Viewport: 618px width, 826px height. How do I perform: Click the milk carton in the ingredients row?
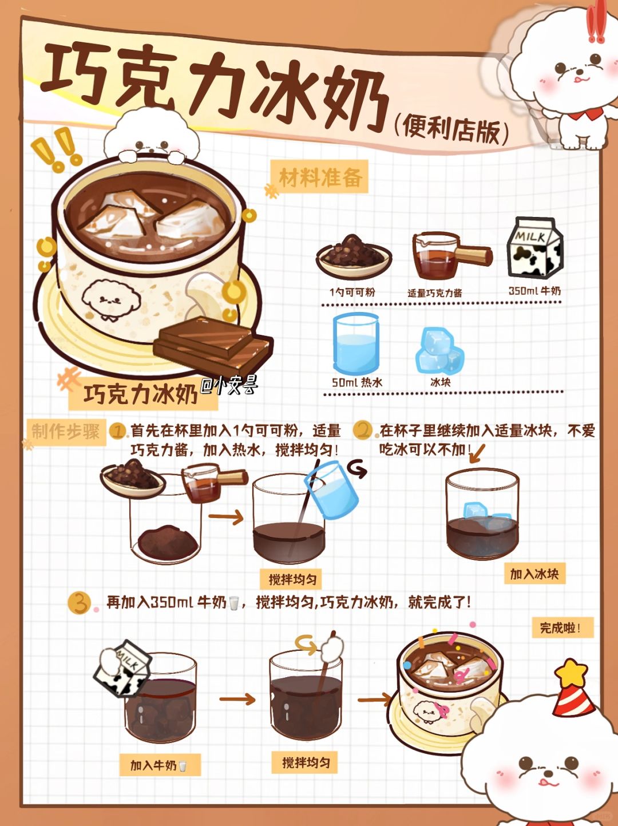(x=534, y=248)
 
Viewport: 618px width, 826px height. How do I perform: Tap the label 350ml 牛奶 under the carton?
(x=534, y=291)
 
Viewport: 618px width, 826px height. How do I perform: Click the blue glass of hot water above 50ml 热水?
(x=356, y=343)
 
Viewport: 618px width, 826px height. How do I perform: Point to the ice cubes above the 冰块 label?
(x=439, y=350)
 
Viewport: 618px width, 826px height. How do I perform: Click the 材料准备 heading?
(x=320, y=177)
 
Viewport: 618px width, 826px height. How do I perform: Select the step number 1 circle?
(x=118, y=432)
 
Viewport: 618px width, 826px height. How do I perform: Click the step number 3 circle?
(x=80, y=603)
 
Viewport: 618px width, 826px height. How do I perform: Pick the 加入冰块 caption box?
(x=534, y=574)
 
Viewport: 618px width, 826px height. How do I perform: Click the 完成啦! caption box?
(x=562, y=628)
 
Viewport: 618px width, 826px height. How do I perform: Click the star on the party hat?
(x=571, y=673)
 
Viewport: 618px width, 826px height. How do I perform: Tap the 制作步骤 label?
(x=66, y=432)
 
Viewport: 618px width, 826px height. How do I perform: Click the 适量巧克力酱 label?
(x=435, y=293)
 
